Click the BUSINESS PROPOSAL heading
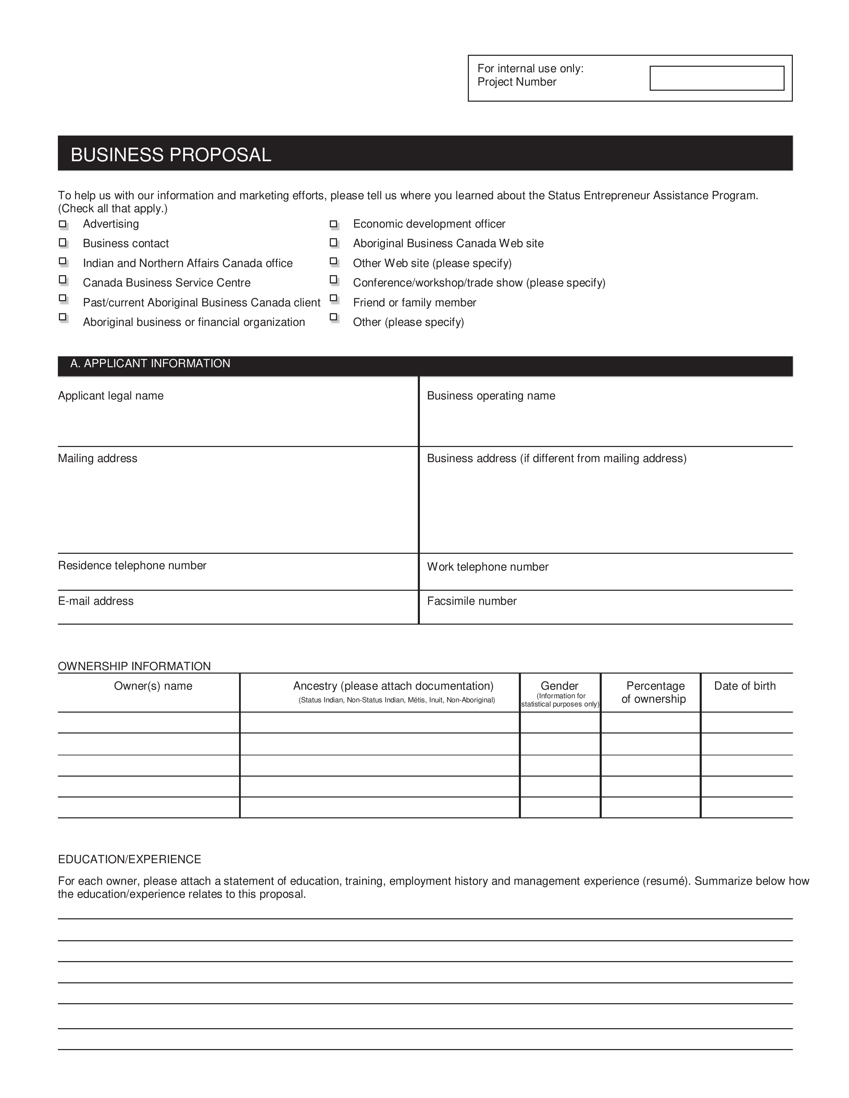[x=171, y=155]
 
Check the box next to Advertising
[x=63, y=224]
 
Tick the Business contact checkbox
[x=63, y=243]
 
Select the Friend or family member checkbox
[x=334, y=298]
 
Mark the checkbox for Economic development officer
[x=334, y=224]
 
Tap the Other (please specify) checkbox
[x=334, y=317]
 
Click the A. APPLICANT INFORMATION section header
[x=150, y=363]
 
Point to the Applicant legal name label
[x=111, y=396]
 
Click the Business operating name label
[x=491, y=396]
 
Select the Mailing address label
[x=98, y=459]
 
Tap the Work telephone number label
[x=487, y=567]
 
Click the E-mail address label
[x=96, y=601]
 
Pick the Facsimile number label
[x=472, y=601]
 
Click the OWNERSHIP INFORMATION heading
[x=134, y=667]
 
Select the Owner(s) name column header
[x=153, y=686]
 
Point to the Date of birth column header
[x=745, y=686]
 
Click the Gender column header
[x=559, y=686]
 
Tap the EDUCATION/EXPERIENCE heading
[x=129, y=860]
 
